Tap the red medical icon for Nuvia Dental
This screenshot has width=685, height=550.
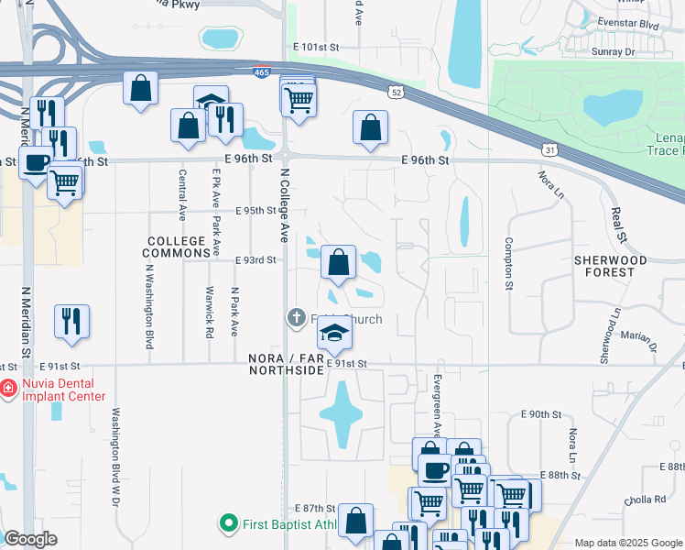pos(8,388)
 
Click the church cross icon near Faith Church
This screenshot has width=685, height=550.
pos(296,319)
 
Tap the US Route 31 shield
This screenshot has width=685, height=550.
pos(549,149)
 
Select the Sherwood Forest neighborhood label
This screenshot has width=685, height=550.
pos(604,266)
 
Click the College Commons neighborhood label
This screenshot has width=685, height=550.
pos(178,247)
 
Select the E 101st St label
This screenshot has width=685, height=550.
pos(316,46)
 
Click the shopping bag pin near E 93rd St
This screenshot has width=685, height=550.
pos(338,262)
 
